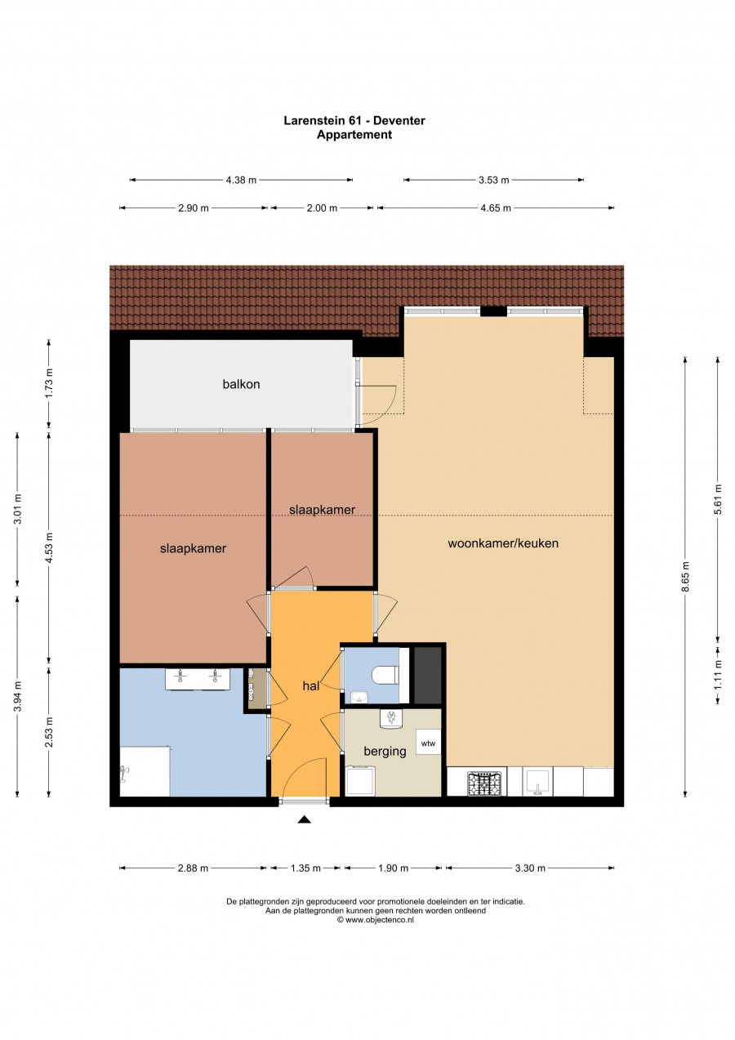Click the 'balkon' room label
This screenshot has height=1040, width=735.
[241, 384]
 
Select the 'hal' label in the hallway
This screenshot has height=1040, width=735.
[310, 687]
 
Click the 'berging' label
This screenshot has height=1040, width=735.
[385, 752]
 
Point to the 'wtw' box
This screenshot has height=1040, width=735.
[428, 743]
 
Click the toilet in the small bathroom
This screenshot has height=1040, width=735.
[384, 676]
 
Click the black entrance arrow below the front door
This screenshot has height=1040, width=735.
[305, 819]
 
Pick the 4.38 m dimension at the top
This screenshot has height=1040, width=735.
[241, 180]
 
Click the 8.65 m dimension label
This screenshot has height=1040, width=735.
[686, 576]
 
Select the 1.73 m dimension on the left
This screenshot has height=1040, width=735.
[49, 384]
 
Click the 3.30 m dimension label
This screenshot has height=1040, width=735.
[529, 868]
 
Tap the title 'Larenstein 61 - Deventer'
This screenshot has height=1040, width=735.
[354, 121]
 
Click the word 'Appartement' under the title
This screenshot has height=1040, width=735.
[354, 135]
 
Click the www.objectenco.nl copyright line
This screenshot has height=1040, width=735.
[376, 919]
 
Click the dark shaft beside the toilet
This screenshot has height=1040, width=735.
[427, 675]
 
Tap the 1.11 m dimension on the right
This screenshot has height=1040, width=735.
[718, 676]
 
